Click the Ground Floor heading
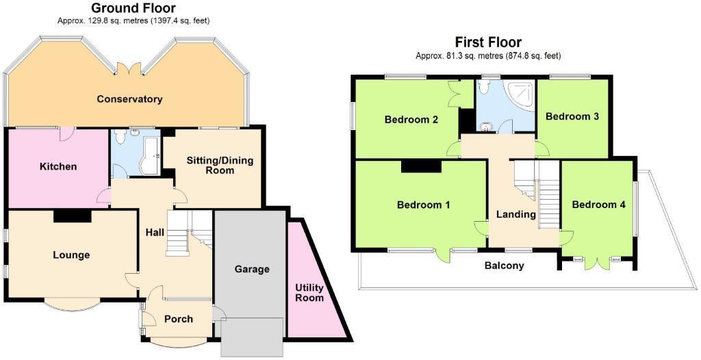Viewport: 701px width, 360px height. (x=133, y=8)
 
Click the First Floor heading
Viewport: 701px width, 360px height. (x=488, y=42)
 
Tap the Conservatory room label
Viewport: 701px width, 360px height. (x=129, y=99)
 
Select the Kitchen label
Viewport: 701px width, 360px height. (x=58, y=166)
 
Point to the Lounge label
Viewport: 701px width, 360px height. (x=71, y=255)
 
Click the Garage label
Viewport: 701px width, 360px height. (x=252, y=269)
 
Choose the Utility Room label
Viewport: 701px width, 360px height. (x=309, y=292)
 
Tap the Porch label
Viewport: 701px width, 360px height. (x=179, y=319)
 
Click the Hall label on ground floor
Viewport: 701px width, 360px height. (x=155, y=233)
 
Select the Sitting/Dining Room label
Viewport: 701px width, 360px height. (x=220, y=165)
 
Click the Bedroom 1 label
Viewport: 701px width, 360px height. (x=424, y=204)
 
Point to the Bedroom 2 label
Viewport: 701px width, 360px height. (x=411, y=120)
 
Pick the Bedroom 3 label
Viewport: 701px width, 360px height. (x=572, y=116)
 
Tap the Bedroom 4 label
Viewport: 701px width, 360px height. (x=598, y=204)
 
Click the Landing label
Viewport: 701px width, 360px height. (x=515, y=214)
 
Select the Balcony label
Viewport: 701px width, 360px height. (x=504, y=266)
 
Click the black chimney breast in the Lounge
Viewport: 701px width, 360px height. (x=73, y=216)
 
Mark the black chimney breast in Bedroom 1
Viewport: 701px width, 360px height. (x=421, y=165)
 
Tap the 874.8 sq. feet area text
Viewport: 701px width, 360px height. (x=534, y=56)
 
